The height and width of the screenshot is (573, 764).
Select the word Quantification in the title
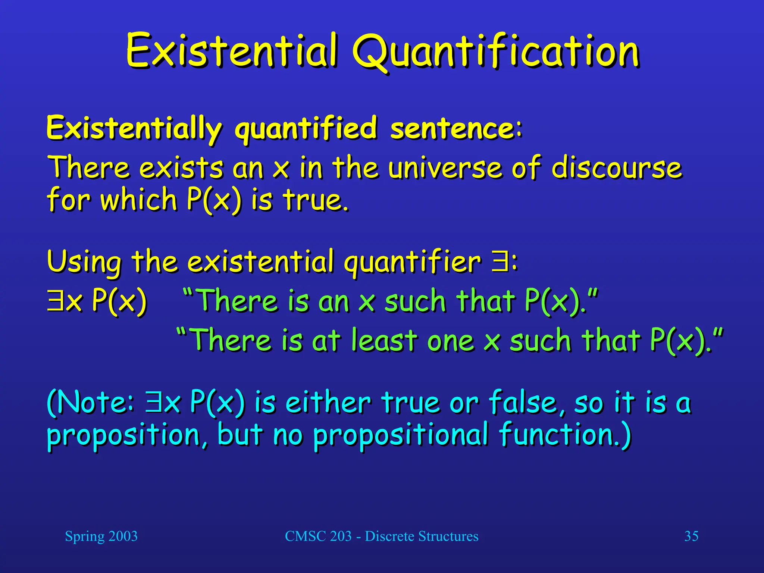coord(496,52)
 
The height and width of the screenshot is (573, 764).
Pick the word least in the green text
coord(384,340)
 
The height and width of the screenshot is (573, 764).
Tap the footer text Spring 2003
coord(101,536)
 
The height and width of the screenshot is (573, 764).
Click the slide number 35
coord(691,536)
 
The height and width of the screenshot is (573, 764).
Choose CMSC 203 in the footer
coord(318,536)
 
